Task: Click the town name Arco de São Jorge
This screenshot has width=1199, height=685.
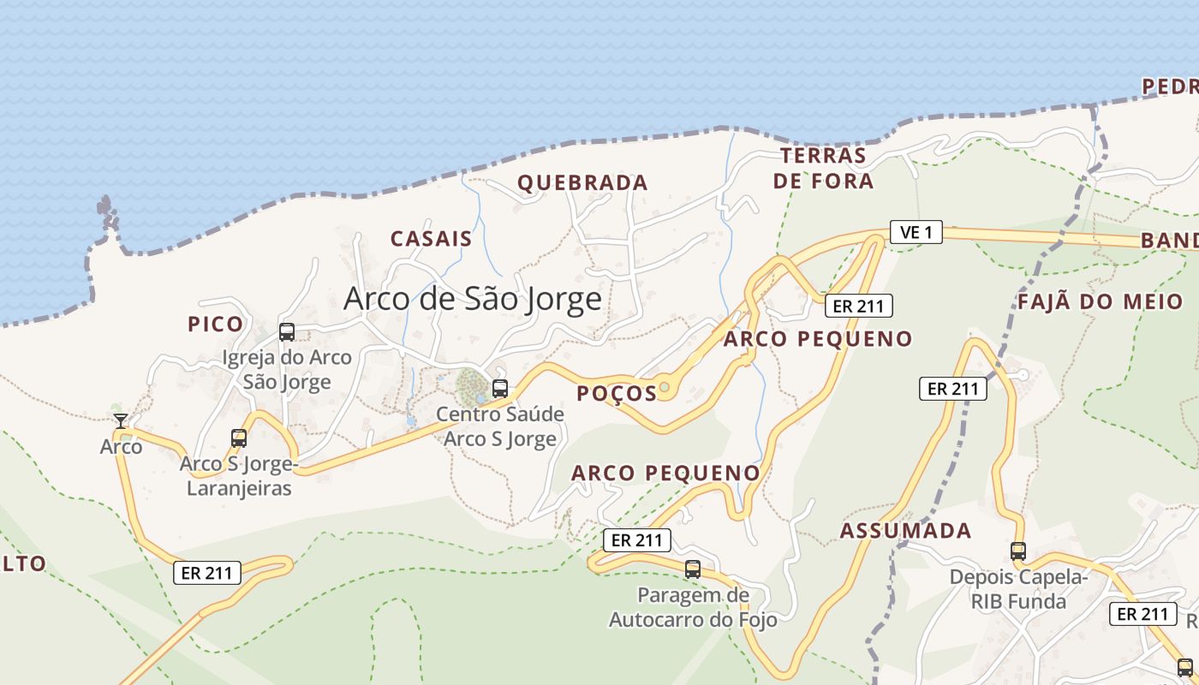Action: coord(472,299)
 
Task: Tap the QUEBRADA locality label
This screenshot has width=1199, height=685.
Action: coord(582,182)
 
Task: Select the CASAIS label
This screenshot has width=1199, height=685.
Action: coord(431,239)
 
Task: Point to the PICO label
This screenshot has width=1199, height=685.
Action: coord(215,325)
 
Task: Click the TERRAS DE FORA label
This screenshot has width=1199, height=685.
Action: coord(823,168)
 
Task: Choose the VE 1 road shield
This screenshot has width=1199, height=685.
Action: coord(916,231)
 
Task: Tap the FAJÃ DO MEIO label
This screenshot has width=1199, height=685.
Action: coord(1100,301)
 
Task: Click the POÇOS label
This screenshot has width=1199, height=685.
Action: coord(617,393)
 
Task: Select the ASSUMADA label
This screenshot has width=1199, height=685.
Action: coord(905,531)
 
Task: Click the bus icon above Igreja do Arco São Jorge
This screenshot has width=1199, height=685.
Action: coord(287,332)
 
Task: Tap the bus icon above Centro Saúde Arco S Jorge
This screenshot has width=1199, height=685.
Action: coord(500,388)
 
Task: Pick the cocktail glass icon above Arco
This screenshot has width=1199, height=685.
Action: coord(121,420)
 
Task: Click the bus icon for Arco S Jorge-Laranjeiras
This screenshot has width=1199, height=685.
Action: coord(239,438)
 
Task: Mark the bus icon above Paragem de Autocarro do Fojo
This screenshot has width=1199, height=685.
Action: coord(693,569)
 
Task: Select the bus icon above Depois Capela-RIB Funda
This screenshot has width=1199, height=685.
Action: coord(1017,551)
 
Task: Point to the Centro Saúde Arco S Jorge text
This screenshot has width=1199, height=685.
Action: coord(500,426)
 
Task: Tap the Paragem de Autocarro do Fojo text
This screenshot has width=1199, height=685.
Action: coord(693,607)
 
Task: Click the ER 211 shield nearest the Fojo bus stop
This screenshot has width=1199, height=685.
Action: coord(636,540)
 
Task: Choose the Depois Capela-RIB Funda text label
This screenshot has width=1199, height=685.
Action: coord(1017,589)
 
